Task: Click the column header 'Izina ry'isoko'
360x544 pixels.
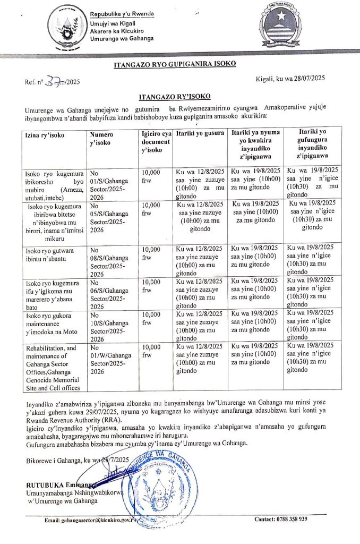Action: (45, 135)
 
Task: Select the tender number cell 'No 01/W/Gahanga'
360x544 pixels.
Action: (111, 360)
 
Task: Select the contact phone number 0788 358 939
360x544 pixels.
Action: (281, 519)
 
